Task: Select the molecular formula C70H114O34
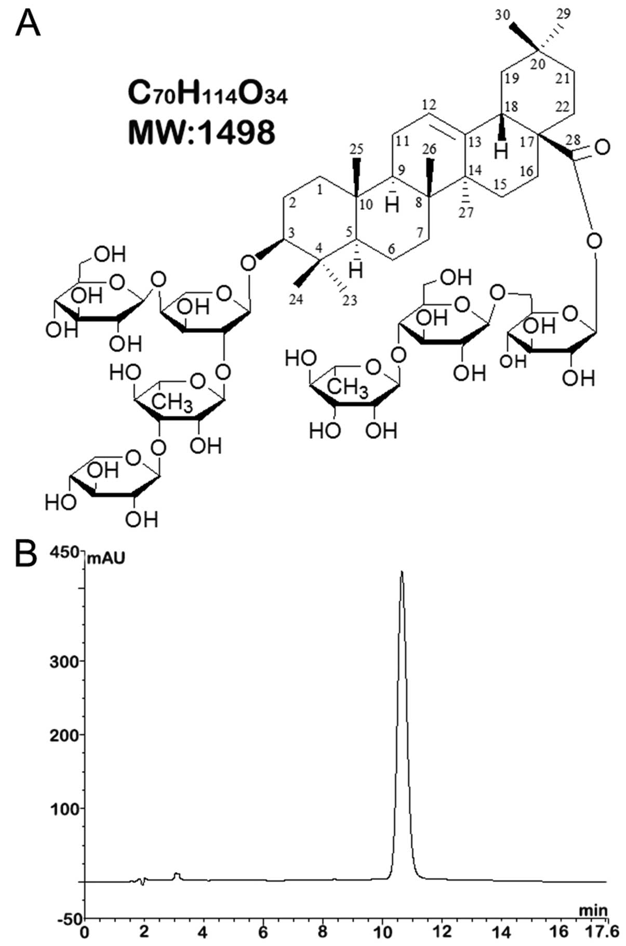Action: [x=207, y=95]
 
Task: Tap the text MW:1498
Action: [x=202, y=132]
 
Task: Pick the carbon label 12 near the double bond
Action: [x=429, y=104]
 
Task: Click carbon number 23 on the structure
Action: [x=350, y=300]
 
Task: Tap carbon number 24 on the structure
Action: [x=295, y=299]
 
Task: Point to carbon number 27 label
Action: [x=465, y=212]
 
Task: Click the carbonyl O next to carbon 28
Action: [x=602, y=148]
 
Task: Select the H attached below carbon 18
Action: [x=501, y=152]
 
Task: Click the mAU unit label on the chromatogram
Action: [x=106, y=559]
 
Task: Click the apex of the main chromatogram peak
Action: [x=401, y=572]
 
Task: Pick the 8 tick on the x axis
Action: [x=323, y=932]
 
